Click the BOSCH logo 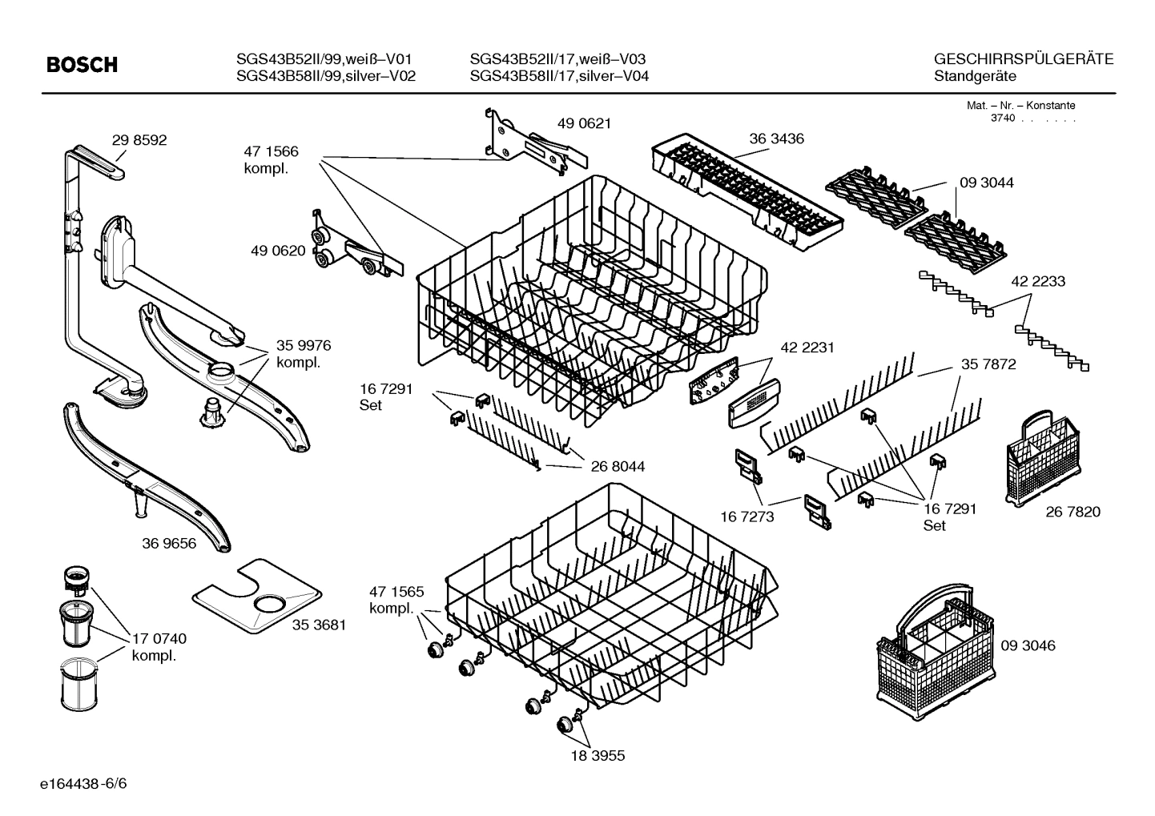pos(82,65)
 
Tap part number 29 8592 pos(139,140)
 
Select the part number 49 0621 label pos(584,123)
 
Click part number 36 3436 pos(776,139)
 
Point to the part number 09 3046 pos(1028,645)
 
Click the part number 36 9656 pos(169,544)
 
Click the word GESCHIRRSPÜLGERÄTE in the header pos(1024,58)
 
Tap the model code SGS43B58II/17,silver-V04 pos(559,76)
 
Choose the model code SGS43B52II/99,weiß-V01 pos(324,58)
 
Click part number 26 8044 pos(618,466)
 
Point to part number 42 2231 pos(807,348)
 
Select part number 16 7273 pos(747,517)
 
